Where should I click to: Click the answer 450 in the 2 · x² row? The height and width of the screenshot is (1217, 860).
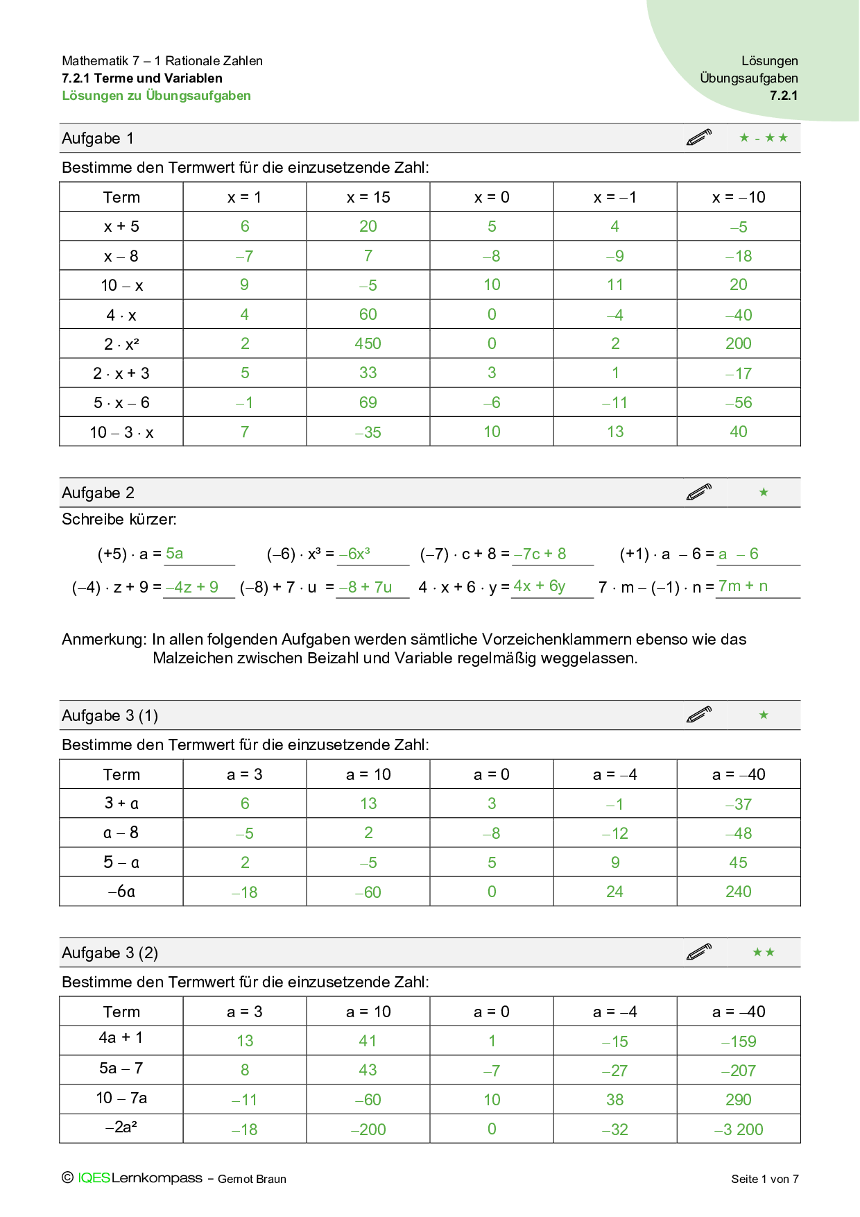(368, 343)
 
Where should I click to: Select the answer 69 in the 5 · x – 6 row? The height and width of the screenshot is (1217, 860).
(368, 402)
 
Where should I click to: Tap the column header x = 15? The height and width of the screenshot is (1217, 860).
(368, 197)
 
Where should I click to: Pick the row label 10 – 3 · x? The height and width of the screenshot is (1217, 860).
(121, 432)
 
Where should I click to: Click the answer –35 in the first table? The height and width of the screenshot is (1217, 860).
(368, 432)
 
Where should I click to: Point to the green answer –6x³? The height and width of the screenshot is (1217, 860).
(354, 554)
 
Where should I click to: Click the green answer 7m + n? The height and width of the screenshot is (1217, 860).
(743, 586)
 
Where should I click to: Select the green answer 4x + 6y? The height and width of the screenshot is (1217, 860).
(540, 586)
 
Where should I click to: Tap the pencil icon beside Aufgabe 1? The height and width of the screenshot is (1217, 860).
(699, 137)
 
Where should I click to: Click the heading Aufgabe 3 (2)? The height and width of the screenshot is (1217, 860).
(110, 953)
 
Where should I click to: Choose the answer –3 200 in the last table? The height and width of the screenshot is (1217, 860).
(739, 1130)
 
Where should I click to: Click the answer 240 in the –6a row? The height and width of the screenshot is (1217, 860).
(739, 892)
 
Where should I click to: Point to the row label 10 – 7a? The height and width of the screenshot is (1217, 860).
(121, 1098)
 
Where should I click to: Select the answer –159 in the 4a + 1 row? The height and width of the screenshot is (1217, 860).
(739, 1041)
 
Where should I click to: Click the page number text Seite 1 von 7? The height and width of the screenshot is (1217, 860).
(765, 1179)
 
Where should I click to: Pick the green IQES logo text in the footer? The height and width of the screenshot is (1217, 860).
(94, 1178)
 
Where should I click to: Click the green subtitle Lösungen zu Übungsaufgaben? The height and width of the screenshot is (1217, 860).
(157, 96)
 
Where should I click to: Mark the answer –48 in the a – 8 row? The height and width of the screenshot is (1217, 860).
(739, 833)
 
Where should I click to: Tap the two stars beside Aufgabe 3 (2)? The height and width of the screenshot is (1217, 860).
(764, 953)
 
